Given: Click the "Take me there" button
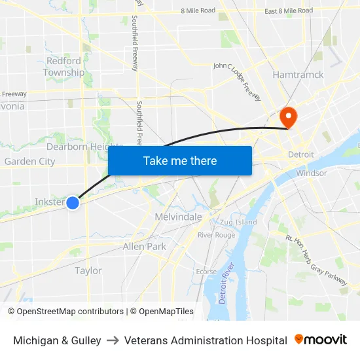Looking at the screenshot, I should pyautogui.click(x=180, y=160).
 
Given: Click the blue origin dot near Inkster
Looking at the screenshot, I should pyautogui.click(x=73, y=203).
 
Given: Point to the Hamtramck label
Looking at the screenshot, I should pyautogui.click(x=298, y=75).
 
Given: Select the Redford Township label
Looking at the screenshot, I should pyautogui.click(x=63, y=67).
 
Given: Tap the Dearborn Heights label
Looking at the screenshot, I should pyautogui.click(x=84, y=147).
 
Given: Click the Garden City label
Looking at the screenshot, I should pyautogui.click(x=29, y=162).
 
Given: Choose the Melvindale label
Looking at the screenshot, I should pyautogui.click(x=178, y=217).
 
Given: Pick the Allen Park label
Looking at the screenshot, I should pyautogui.click(x=145, y=247).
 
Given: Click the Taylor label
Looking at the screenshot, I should pyautogui.click(x=88, y=270).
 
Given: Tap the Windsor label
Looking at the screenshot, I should pyautogui.click(x=311, y=173).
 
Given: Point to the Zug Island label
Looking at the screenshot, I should pyautogui.click(x=238, y=223).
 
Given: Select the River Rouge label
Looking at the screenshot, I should pyautogui.click(x=216, y=235).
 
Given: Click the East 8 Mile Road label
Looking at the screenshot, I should pyautogui.click(x=289, y=10).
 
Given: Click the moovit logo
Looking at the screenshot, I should pyautogui.click(x=321, y=340).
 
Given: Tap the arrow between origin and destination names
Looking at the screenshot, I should pyautogui.click(x=113, y=340).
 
